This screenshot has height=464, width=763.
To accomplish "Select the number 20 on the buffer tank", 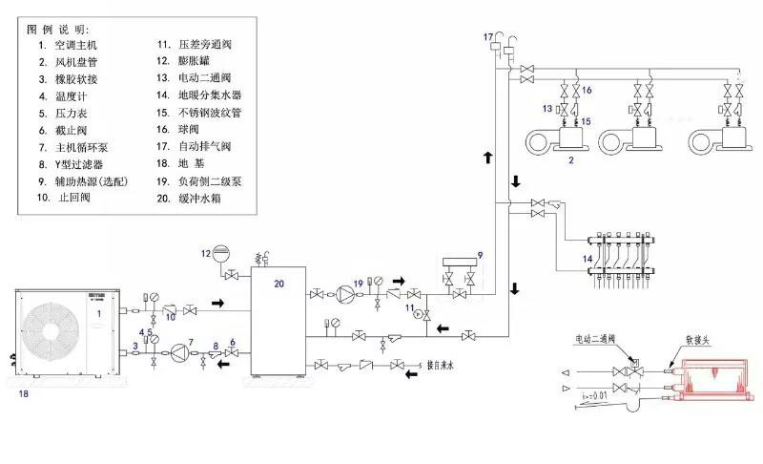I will [x=278, y=284].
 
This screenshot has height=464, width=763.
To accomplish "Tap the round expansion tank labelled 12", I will [x=221, y=254].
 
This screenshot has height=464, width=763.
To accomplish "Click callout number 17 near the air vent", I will [x=488, y=36].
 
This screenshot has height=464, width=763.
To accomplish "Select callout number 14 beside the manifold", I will [x=588, y=259].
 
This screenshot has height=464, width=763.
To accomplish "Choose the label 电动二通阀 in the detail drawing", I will [x=595, y=339].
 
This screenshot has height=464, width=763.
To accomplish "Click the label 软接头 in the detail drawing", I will [x=693, y=339].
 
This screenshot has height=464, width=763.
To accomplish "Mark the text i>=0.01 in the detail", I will [x=595, y=393].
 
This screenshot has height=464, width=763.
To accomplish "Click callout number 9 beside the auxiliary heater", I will [x=481, y=255].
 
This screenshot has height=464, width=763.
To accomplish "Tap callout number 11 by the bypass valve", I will [x=409, y=308].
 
